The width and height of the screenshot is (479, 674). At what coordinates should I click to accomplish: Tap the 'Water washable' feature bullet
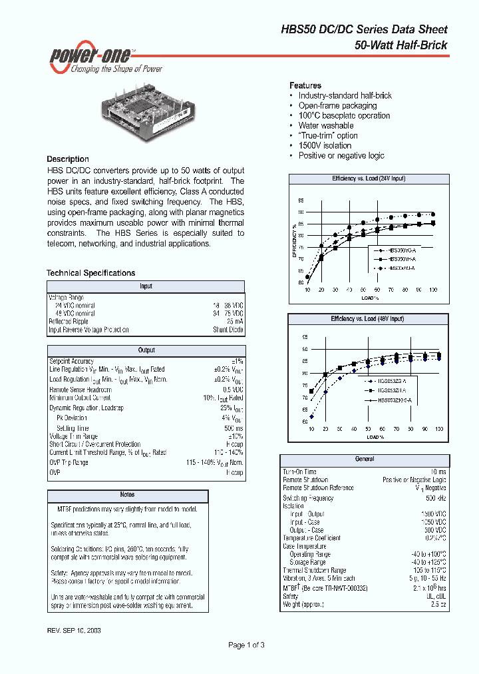pyautogui.click(x=326, y=125)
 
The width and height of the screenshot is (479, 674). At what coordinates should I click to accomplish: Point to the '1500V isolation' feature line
pyautogui.click(x=325, y=145)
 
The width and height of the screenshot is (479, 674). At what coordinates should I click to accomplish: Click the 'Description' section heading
pyautogui.click(x=67, y=159)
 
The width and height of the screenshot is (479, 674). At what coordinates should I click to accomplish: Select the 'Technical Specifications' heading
pyautogui.click(x=90, y=273)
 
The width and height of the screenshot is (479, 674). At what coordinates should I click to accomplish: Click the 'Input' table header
pyautogui.click(x=146, y=286)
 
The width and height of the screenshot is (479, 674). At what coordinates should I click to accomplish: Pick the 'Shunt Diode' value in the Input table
pyautogui.click(x=228, y=330)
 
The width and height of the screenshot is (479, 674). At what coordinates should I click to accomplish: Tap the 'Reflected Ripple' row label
pyautogui.click(x=69, y=322)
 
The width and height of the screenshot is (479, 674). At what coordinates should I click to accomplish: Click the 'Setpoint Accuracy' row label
pyautogui.click(x=71, y=361)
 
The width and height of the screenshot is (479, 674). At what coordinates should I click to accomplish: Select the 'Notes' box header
pyautogui.click(x=127, y=495)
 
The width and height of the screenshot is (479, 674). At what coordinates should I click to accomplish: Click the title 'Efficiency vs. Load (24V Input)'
pyautogui.click(x=369, y=179)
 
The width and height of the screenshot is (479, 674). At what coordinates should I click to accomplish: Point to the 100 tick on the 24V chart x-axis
pyautogui.click(x=433, y=290)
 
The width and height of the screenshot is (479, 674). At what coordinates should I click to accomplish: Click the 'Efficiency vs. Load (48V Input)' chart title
pyautogui.click(x=367, y=319)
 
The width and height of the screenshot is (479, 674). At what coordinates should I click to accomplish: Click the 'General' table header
pyautogui.click(x=365, y=459)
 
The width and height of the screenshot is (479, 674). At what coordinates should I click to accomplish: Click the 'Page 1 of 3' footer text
pyautogui.click(x=246, y=645)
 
